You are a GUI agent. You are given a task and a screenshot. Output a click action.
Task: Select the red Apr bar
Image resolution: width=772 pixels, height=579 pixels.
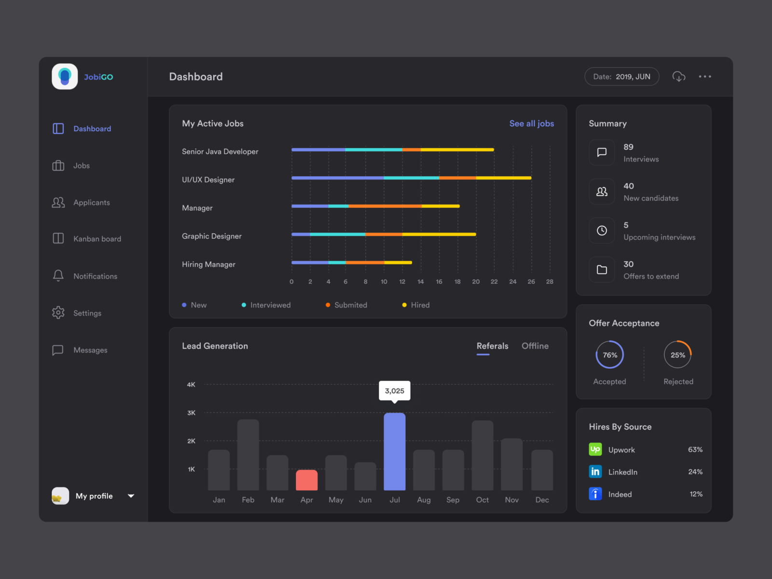[x=306, y=480]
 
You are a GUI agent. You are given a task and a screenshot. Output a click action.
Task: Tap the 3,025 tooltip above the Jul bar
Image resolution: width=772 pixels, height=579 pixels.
[x=394, y=391]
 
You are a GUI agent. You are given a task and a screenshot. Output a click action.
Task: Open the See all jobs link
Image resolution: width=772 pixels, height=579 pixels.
[x=531, y=124]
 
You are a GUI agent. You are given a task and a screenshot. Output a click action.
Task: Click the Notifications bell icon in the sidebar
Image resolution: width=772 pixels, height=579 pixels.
[x=58, y=276]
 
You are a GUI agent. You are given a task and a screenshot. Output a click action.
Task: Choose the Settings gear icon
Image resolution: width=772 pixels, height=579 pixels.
[x=58, y=313]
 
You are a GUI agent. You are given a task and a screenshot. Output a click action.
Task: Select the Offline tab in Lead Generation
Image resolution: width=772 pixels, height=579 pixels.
[x=535, y=346]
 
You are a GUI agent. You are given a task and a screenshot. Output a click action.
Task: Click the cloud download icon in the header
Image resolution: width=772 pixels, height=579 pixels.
[x=679, y=77]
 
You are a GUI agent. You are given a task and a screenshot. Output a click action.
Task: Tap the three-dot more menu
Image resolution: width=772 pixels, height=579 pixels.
[x=705, y=77]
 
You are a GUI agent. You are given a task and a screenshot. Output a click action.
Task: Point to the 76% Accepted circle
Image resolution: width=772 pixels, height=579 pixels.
[x=609, y=355]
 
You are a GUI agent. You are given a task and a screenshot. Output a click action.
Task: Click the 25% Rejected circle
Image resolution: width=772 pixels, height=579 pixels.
[x=677, y=355]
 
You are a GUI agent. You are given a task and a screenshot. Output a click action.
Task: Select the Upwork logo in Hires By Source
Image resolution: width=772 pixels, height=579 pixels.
[x=595, y=449]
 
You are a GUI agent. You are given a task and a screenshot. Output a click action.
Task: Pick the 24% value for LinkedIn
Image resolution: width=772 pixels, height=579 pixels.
[x=695, y=472]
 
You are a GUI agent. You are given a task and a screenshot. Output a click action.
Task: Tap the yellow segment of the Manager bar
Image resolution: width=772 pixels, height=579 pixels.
[x=441, y=206]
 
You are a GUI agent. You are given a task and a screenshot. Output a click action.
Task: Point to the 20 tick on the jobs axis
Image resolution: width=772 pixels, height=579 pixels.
[x=476, y=282]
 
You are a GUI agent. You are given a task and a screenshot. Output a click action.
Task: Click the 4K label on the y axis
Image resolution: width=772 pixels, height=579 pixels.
[x=191, y=385]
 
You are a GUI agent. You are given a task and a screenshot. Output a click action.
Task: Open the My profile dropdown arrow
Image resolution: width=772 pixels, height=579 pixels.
[x=131, y=496]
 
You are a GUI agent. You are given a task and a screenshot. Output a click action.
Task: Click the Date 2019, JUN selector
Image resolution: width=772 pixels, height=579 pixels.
[x=621, y=77]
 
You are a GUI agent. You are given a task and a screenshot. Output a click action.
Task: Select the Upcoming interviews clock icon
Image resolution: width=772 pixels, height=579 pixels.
[x=602, y=231]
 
